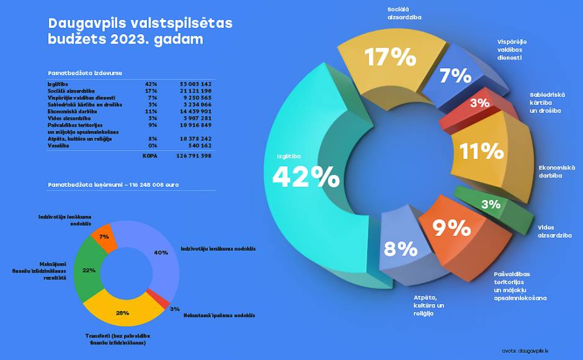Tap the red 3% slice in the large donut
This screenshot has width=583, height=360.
[x=478, y=104]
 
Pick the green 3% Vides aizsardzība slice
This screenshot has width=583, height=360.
[x=491, y=204]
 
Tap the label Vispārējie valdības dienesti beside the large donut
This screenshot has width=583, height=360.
[x=512, y=49]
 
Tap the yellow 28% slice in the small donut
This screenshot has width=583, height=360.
[x=124, y=312]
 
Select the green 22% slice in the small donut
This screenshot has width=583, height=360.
[x=86, y=270]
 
